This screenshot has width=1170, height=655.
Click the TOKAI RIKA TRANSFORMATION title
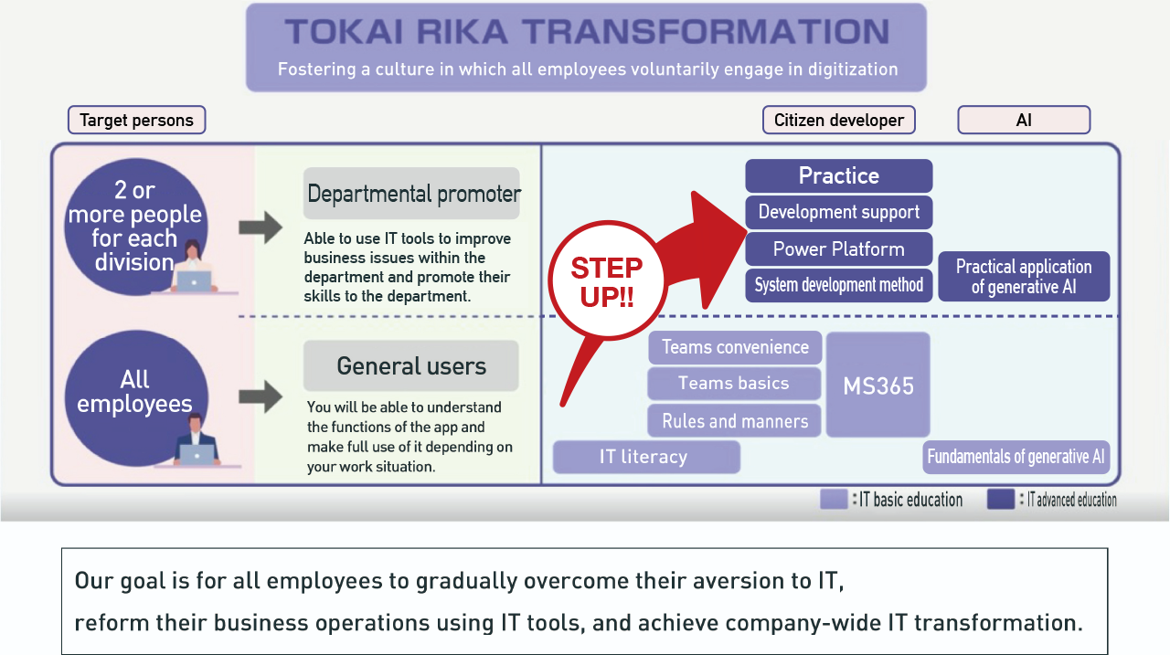(x=586, y=32)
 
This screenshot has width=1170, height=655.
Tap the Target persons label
(x=136, y=120)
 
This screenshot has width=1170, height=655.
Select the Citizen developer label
(x=838, y=120)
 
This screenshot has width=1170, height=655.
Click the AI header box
(x=1023, y=120)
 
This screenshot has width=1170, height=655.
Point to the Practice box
(x=838, y=175)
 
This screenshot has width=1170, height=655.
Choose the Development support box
(x=838, y=212)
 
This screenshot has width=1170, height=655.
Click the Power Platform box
(x=838, y=248)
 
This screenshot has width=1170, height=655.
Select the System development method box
(x=838, y=285)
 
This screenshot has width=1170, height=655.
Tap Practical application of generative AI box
(x=1023, y=276)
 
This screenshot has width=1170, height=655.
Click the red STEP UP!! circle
(x=606, y=282)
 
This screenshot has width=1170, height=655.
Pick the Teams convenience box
(x=735, y=347)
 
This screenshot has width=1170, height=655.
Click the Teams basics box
(x=733, y=384)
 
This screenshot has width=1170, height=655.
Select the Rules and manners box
(x=735, y=421)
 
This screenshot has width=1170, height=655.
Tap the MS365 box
(x=877, y=385)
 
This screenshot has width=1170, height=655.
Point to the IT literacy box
(x=645, y=457)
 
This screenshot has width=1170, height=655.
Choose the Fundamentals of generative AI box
(x=1016, y=457)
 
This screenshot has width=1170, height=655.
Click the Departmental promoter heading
(x=412, y=194)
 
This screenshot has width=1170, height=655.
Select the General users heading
(x=411, y=366)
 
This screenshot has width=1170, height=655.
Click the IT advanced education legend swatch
(x=1001, y=500)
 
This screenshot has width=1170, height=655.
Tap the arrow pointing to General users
(x=261, y=396)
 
